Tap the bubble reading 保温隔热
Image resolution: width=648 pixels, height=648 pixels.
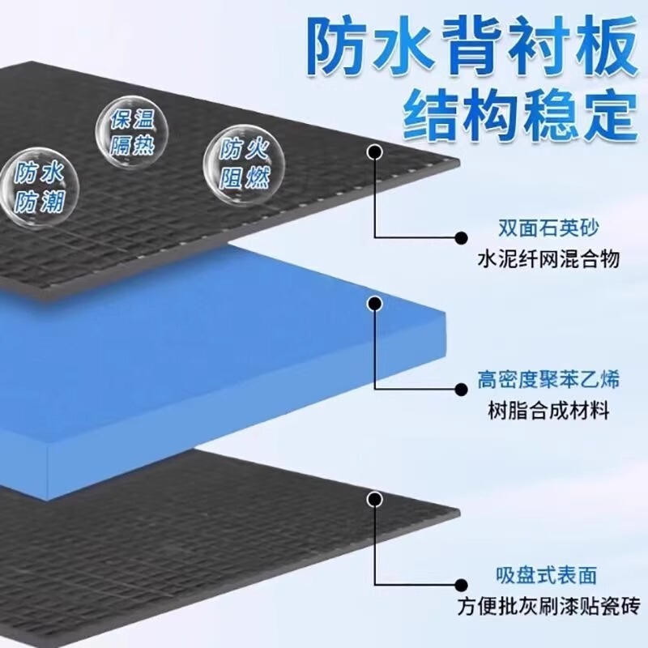pos(127,131)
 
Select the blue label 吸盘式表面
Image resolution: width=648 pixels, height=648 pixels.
pos(548,576)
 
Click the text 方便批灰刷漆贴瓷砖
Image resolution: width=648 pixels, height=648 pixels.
pos(548,607)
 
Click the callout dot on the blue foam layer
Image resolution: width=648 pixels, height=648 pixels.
pos(374,304)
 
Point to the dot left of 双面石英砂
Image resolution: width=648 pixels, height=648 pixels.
pos(461,237)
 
